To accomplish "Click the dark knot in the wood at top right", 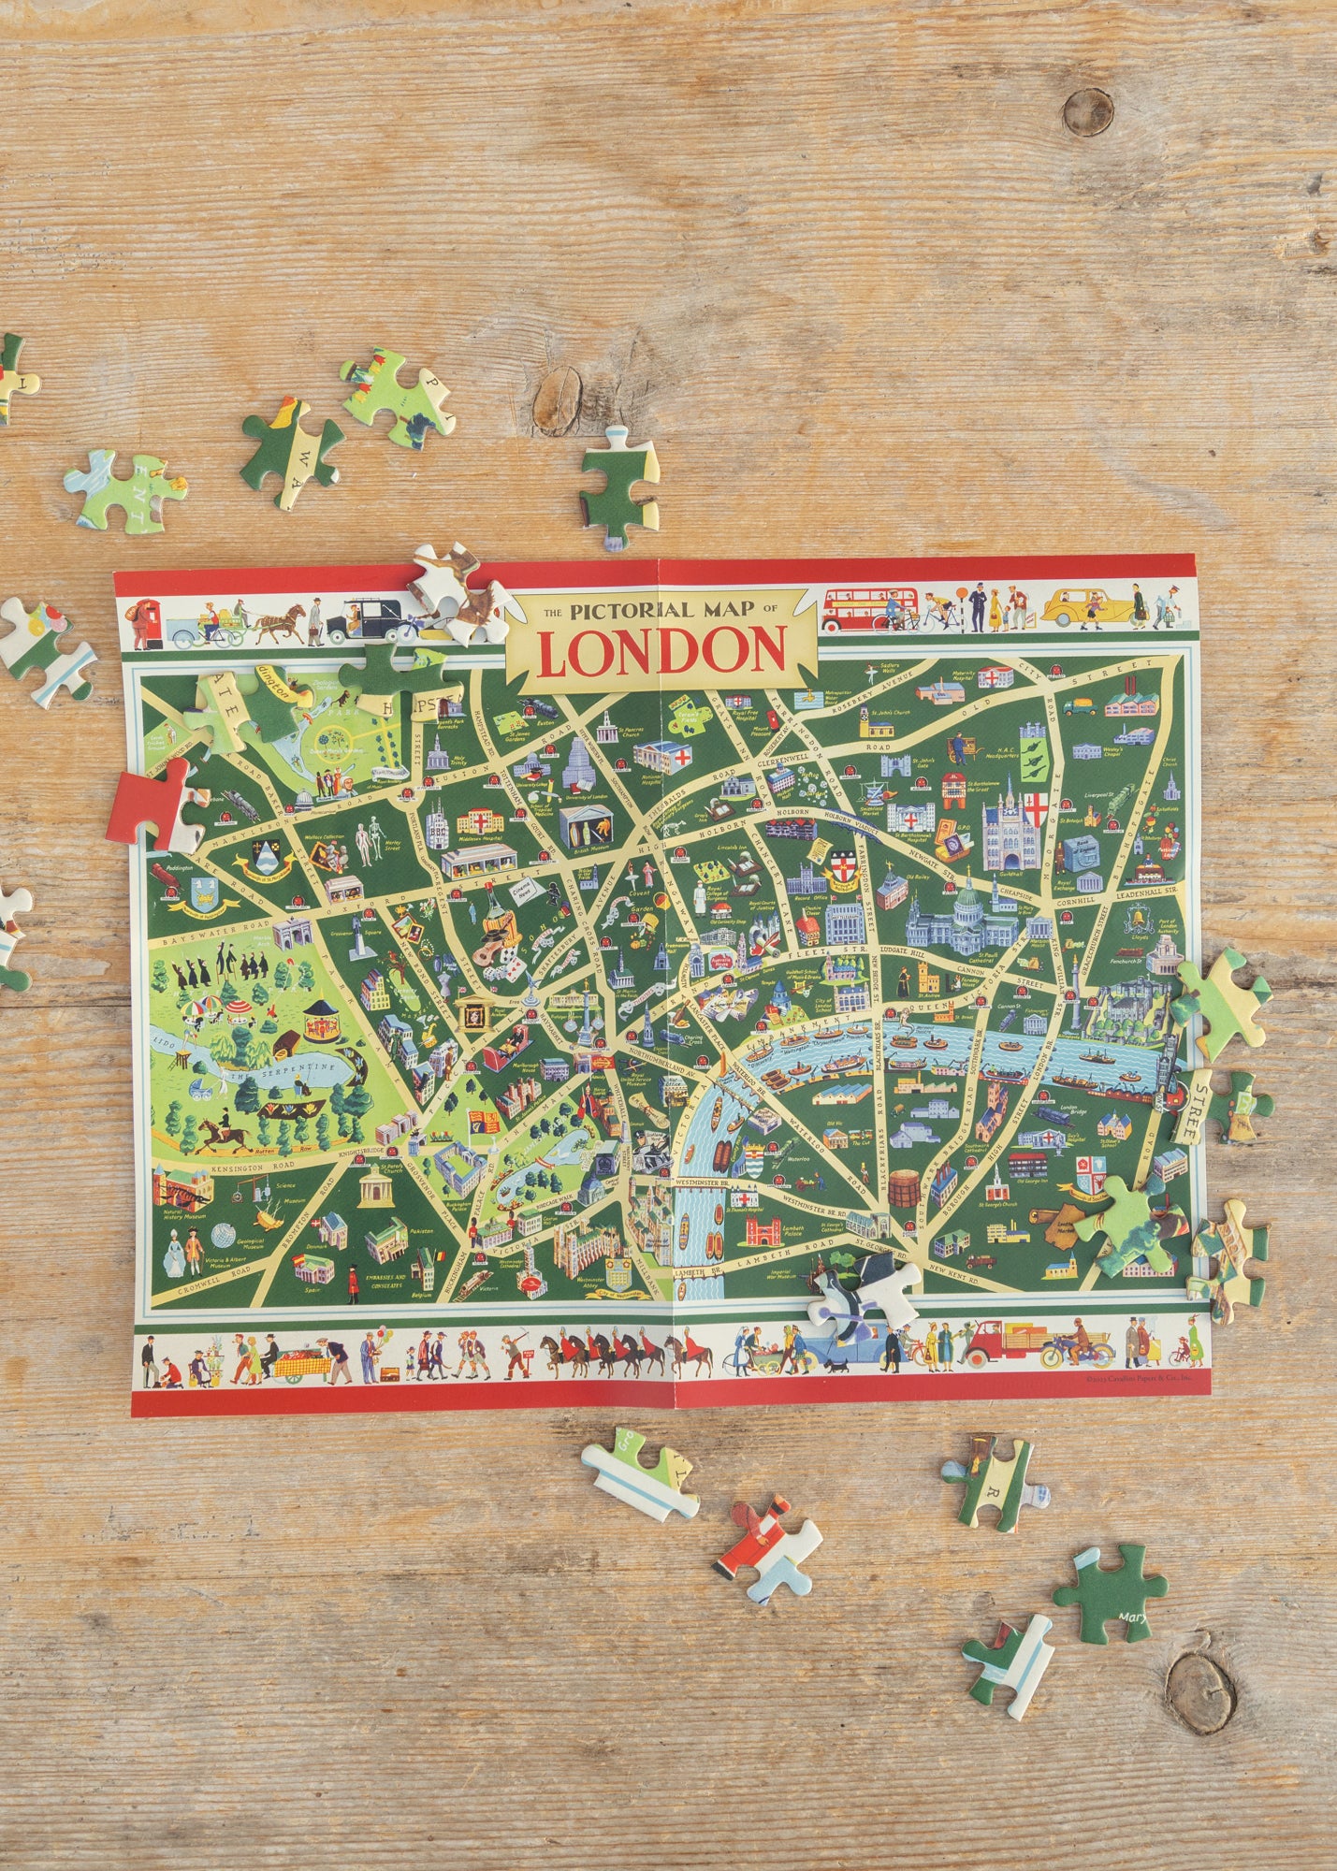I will click(x=1087, y=113).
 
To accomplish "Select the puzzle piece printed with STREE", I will click(x=1225, y=1108).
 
